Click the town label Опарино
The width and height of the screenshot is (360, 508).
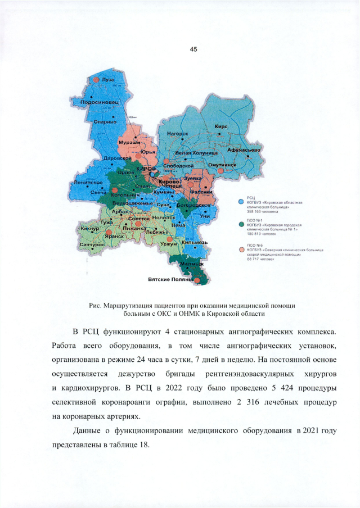[105, 121]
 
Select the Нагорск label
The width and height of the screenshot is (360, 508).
[178, 134]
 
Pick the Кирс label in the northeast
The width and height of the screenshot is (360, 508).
[221, 127]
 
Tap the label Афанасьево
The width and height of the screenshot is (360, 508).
[242, 150]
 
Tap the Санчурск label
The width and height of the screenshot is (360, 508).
[92, 246]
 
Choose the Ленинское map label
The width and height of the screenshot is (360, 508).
[87, 183]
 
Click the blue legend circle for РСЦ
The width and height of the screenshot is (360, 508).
[241, 200]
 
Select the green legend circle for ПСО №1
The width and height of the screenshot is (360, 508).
[241, 224]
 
